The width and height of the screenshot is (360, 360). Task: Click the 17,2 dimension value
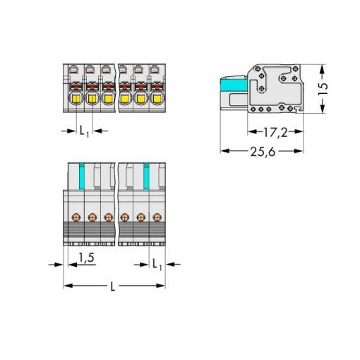tap(275, 133)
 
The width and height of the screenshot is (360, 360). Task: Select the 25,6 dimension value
tap(263, 152)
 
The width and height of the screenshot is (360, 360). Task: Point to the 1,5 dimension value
tap(86, 258)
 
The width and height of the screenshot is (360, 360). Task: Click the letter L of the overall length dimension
tap(113, 287)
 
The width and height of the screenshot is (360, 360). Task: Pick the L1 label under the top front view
tap(84, 131)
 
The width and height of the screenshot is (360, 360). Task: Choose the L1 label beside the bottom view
tap(157, 265)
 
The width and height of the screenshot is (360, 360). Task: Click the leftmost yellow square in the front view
tap(77, 99)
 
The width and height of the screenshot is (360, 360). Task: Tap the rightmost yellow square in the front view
tap(156, 99)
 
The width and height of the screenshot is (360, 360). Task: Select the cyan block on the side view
tap(233, 85)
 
